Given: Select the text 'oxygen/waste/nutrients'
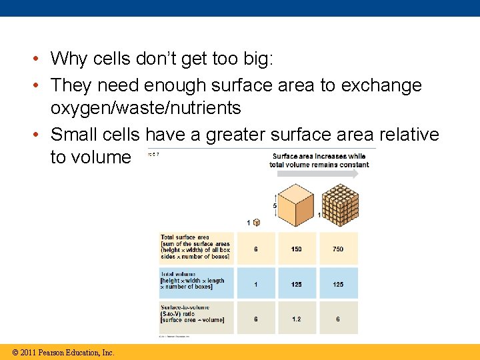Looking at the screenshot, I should tap(145, 108).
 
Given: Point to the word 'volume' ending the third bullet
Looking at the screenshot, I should tap(91, 157).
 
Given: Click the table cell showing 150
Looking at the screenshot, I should tap(296, 249).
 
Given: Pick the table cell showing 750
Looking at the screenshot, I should tap(338, 249).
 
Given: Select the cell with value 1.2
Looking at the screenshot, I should tap(296, 319).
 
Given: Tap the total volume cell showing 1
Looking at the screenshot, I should tap(255, 284).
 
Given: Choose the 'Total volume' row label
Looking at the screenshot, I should tap(194, 281).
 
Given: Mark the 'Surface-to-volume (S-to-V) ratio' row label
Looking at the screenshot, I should tap(194, 315).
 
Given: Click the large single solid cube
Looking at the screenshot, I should tap(295, 202).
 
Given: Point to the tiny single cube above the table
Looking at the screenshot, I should tap(257, 223).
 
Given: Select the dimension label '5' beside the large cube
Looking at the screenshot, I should tap(275, 206).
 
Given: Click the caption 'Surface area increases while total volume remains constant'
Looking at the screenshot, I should tap(319, 160).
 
